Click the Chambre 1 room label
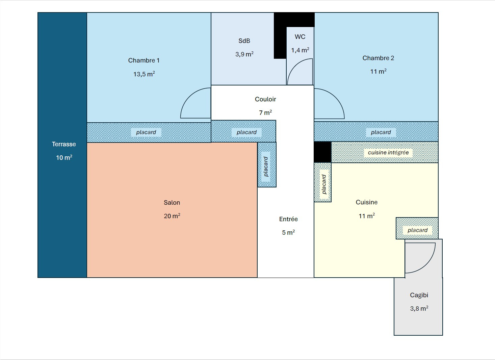(x=144, y=60)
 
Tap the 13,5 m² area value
(x=144, y=74)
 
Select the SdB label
(x=244, y=41)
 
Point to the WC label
(x=300, y=37)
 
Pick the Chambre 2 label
(x=378, y=58)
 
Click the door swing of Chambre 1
(x=188, y=97)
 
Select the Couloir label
(x=265, y=99)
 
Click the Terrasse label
(x=64, y=144)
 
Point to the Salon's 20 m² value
(x=172, y=216)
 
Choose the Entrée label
(x=288, y=219)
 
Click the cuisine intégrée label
(x=388, y=153)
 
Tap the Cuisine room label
(x=367, y=202)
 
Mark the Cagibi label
(x=419, y=295)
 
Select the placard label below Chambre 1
(x=146, y=132)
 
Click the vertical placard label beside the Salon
(x=266, y=166)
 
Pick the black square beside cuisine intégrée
(x=323, y=152)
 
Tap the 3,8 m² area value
(x=419, y=309)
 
